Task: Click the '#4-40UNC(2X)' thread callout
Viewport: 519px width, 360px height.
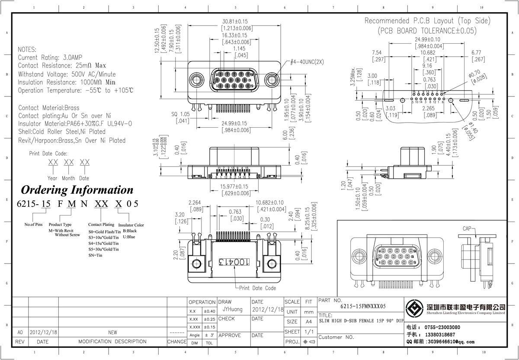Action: pos(307,62)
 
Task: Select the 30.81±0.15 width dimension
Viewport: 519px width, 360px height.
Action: pos(235,21)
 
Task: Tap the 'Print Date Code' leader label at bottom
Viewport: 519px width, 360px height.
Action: pos(257,288)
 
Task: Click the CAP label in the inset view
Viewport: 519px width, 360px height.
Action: pos(468,228)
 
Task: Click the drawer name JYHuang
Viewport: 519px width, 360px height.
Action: pos(233,310)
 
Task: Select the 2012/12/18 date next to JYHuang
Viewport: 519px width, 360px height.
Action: pos(268,310)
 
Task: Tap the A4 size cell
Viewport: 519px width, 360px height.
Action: pos(308,322)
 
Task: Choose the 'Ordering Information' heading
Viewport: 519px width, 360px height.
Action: pos(77,190)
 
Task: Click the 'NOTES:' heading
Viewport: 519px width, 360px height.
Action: pos(27,50)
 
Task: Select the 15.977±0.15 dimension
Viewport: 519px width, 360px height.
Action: pos(235,187)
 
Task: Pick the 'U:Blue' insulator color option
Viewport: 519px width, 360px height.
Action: pos(129,237)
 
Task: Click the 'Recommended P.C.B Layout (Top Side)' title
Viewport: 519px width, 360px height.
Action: pos(427,21)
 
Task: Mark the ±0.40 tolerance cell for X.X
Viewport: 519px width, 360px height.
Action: pos(209,312)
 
